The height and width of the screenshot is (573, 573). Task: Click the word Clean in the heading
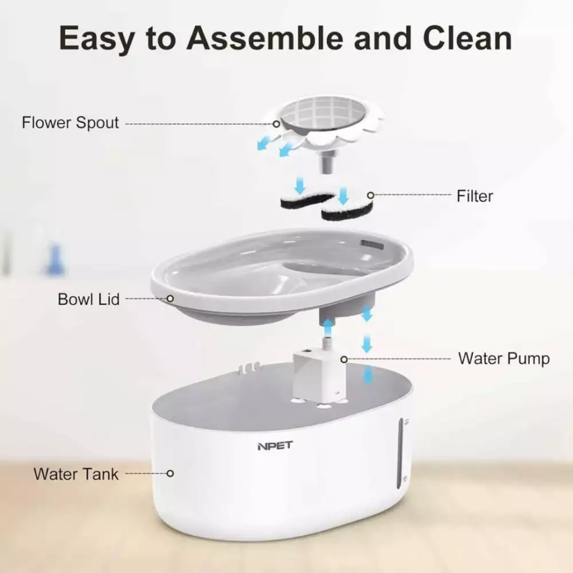point(468,38)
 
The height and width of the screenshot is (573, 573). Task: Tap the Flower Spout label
point(70,123)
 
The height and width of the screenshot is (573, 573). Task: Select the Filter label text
point(474,196)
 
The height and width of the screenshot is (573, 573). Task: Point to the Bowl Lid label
point(88,299)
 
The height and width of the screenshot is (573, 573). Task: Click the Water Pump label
point(504,359)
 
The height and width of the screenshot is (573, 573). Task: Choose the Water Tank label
point(76,474)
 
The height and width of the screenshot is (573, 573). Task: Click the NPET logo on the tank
point(275,446)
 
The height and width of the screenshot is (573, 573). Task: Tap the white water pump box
point(319,375)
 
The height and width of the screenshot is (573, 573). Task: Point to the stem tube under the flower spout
point(328,163)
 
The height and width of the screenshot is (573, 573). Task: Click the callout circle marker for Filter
point(371,195)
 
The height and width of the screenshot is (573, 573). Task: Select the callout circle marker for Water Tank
point(170,473)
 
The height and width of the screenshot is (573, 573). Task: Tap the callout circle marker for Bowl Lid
point(170,299)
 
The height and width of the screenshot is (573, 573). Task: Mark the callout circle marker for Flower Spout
point(277,124)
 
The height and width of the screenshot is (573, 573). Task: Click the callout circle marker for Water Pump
point(344,359)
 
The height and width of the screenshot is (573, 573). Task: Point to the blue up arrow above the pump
point(328,327)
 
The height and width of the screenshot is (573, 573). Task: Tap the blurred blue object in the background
point(55,260)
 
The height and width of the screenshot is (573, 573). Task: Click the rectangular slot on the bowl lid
point(373,245)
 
